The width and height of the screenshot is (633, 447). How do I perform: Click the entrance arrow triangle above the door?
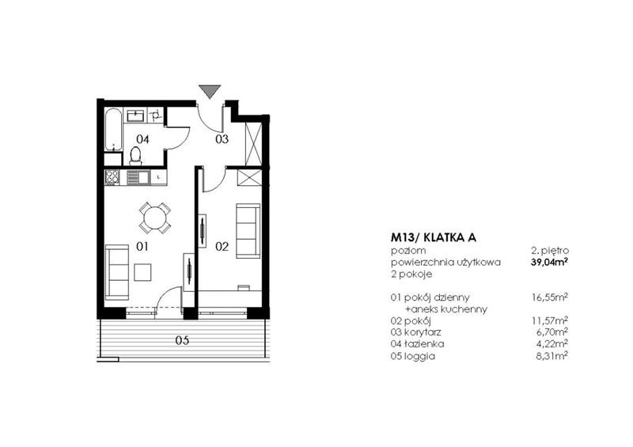click(x=208, y=90)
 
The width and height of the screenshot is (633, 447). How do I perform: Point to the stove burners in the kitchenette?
click(x=112, y=178)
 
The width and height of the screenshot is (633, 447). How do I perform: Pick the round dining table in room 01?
click(x=154, y=216)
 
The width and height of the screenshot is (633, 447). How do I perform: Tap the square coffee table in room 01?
click(x=143, y=272)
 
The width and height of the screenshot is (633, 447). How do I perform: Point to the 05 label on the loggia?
click(x=182, y=342)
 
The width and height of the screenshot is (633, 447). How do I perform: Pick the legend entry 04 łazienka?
click(x=417, y=344)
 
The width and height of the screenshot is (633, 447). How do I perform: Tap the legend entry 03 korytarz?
click(x=417, y=332)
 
